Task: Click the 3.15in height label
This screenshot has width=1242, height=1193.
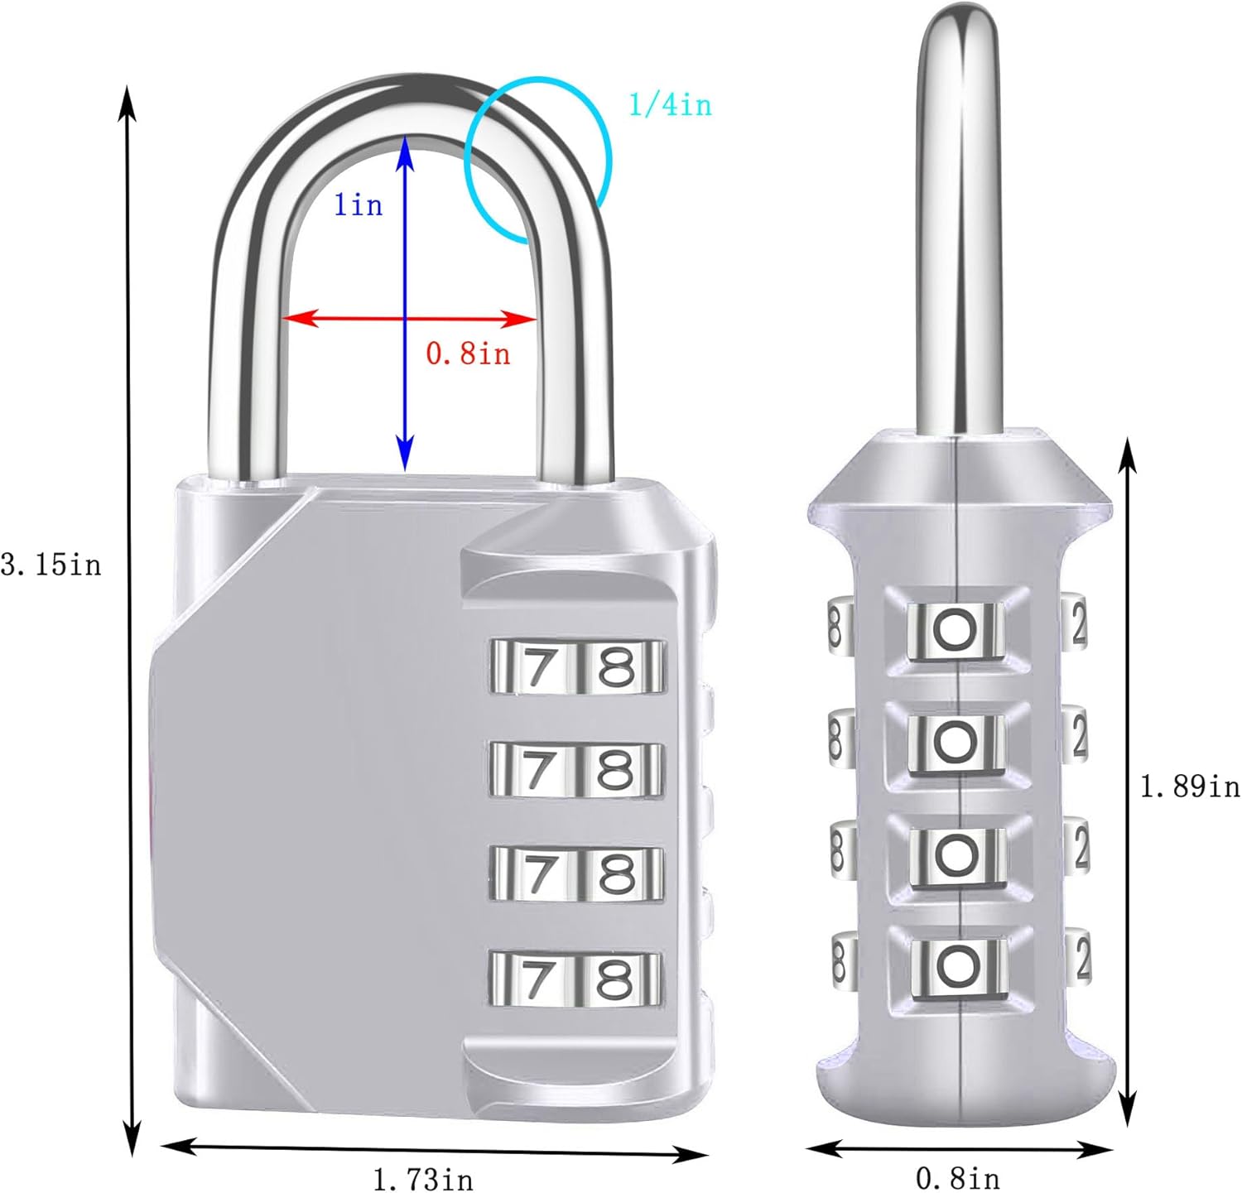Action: (51, 565)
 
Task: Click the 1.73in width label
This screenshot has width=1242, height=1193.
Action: (422, 1177)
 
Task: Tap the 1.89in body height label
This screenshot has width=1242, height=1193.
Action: (1190, 786)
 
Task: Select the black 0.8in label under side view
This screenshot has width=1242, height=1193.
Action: (957, 1177)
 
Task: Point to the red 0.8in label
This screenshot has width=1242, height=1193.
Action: (468, 354)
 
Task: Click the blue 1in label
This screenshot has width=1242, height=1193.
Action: (358, 204)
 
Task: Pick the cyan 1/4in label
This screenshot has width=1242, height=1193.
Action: (670, 105)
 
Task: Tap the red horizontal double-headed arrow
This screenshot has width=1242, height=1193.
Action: (410, 318)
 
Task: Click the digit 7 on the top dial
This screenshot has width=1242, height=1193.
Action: (538, 666)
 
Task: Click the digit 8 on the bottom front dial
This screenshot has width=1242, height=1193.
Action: (616, 979)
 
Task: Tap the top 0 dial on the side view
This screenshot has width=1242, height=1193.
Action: (956, 631)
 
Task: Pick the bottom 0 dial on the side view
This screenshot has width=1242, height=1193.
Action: (958, 966)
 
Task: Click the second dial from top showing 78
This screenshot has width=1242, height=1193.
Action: (576, 770)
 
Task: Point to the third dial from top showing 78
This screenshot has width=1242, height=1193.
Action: (576, 874)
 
